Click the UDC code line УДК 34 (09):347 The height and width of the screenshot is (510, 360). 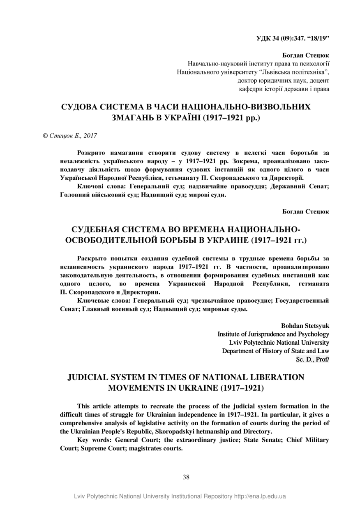[x=293, y=38]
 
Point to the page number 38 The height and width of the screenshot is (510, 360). [x=186, y=477]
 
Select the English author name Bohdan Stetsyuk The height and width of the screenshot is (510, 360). [x=305, y=326]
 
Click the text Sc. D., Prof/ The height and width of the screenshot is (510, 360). [x=312, y=359]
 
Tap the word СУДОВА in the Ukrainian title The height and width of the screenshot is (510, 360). [x=80, y=107]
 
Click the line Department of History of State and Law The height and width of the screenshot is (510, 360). [x=275, y=351]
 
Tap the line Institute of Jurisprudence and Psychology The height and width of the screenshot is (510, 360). [x=273, y=334]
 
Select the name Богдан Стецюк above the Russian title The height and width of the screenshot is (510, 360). [x=306, y=211]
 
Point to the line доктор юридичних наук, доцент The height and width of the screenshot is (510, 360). [x=284, y=80]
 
